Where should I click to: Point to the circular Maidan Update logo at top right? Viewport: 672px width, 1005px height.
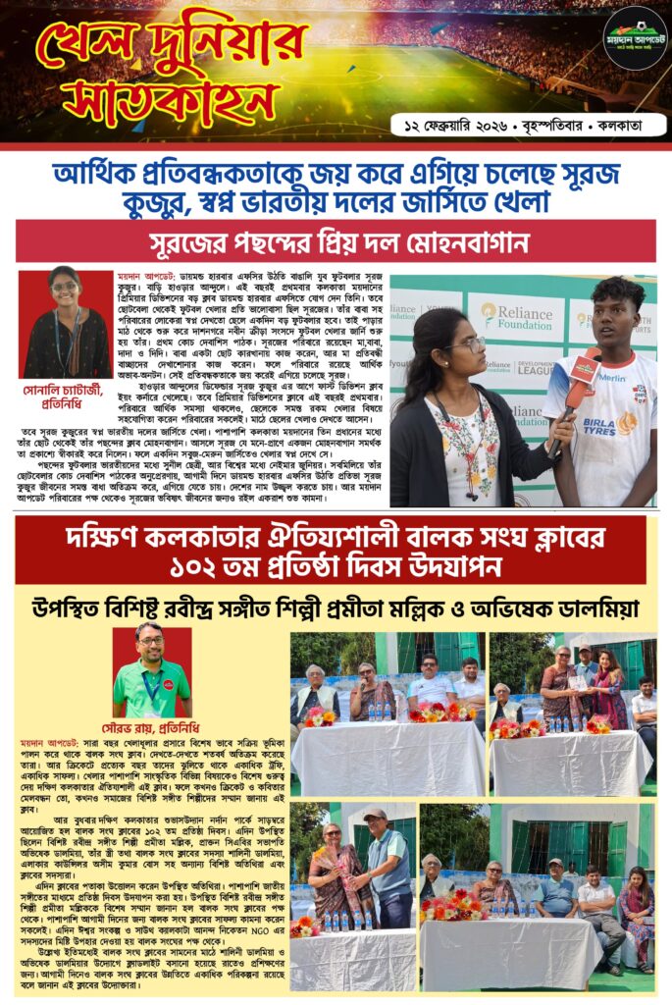coord(634,38)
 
